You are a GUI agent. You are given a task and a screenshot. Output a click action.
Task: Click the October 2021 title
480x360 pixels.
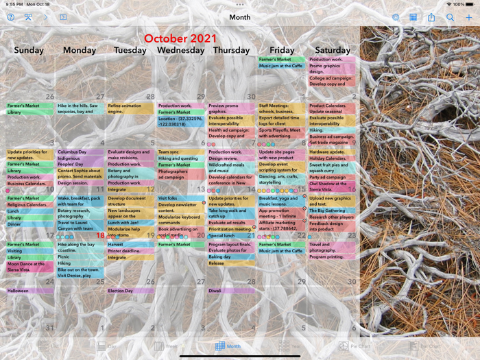click(x=180, y=38)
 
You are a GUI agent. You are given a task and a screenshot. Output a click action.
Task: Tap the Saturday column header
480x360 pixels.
click(x=333, y=50)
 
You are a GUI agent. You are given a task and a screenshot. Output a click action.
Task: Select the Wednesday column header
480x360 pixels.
click(x=181, y=50)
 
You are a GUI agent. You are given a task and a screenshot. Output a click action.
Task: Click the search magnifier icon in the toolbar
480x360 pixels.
click(x=450, y=17)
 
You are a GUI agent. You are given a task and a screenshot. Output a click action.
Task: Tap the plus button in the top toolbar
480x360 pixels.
click(x=469, y=17)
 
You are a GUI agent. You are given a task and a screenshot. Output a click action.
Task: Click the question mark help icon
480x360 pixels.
click(x=10, y=17)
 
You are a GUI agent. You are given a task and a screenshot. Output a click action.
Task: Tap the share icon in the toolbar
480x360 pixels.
click(x=431, y=17)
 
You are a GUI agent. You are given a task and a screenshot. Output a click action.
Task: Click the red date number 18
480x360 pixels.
click(x=100, y=236)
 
